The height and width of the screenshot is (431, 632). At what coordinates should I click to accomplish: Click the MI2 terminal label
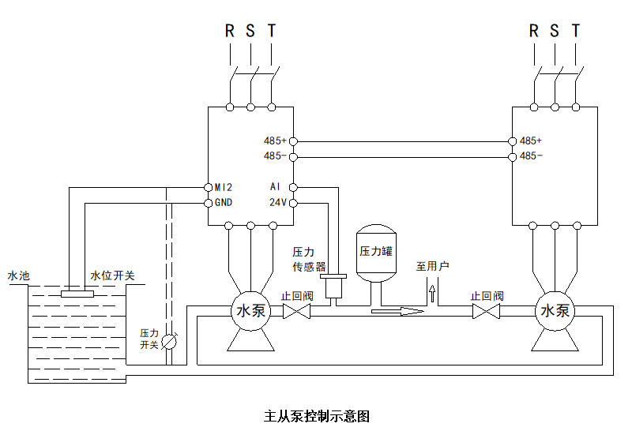click(x=224, y=188)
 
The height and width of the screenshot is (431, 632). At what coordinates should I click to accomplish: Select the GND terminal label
click(x=224, y=203)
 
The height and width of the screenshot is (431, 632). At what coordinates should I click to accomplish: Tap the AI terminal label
click(x=275, y=188)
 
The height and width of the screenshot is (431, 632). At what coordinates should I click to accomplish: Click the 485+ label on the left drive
click(x=275, y=141)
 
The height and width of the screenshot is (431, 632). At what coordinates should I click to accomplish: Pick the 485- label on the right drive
click(x=531, y=156)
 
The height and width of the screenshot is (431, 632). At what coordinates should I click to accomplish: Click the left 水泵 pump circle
click(x=250, y=311)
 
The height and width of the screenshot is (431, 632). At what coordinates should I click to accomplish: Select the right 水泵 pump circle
click(x=555, y=311)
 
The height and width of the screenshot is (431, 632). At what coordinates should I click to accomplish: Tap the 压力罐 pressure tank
click(x=375, y=253)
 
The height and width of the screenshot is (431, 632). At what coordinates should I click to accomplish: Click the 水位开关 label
click(x=112, y=275)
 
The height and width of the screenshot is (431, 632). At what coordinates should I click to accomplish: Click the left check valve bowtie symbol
click(x=296, y=311)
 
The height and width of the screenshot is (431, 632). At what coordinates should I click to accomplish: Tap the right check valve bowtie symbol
click(x=487, y=311)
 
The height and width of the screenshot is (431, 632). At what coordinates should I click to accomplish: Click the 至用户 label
click(x=432, y=266)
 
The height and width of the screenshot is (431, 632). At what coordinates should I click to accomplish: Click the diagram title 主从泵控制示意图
click(x=316, y=415)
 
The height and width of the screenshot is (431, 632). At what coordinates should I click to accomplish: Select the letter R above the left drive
click(x=230, y=32)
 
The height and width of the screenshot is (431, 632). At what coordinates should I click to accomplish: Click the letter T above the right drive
click(x=576, y=32)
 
